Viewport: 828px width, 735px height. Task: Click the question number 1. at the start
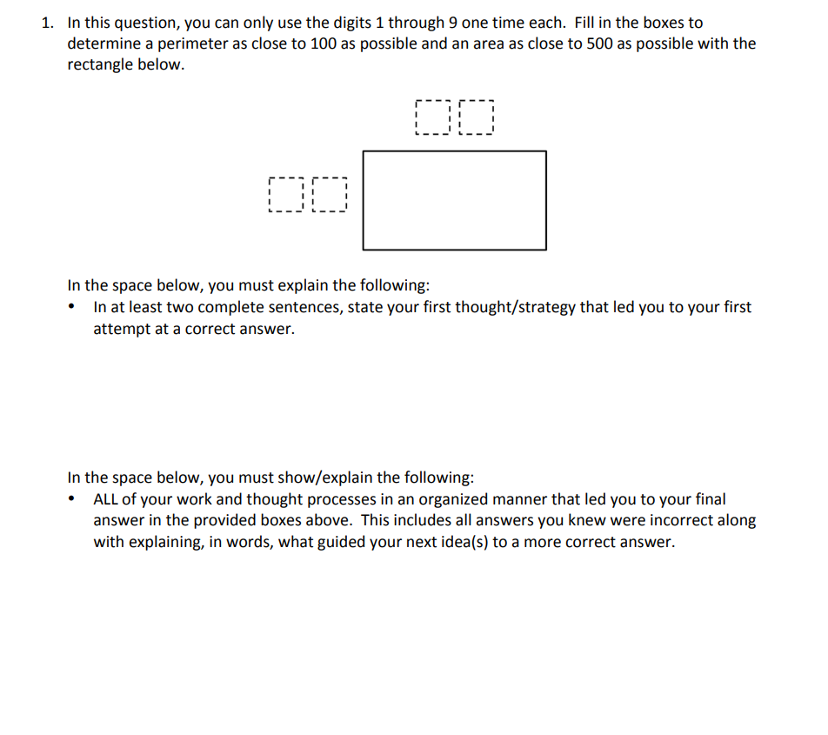(x=49, y=23)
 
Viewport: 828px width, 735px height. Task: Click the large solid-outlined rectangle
(x=454, y=200)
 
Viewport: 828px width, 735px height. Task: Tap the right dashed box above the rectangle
(x=475, y=117)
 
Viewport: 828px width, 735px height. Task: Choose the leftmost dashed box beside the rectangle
(x=287, y=196)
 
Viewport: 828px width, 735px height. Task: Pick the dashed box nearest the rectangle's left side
(x=329, y=196)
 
